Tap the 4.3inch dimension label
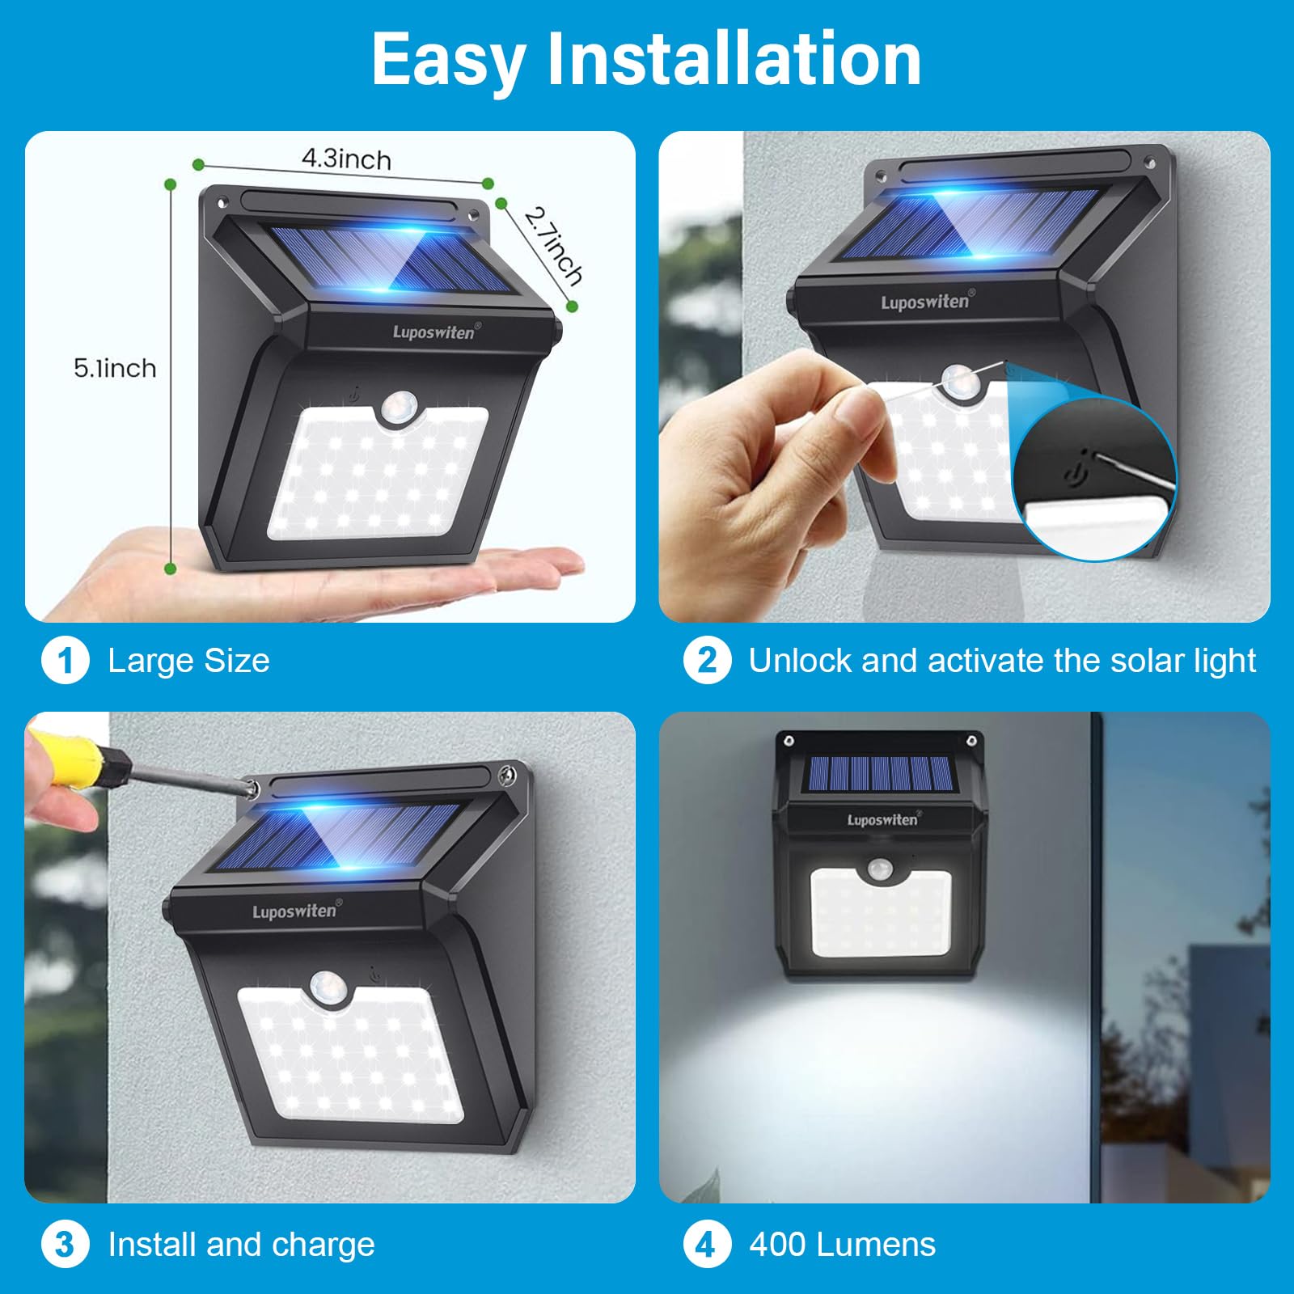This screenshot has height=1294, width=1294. (346, 159)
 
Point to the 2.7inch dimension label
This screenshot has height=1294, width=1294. (554, 246)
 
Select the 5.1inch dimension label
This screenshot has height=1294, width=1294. (115, 369)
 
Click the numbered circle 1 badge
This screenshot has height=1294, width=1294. (65, 661)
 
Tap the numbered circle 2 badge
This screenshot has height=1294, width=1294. (707, 661)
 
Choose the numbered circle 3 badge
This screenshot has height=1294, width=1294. (65, 1244)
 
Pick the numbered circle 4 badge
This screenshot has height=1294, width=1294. (707, 1244)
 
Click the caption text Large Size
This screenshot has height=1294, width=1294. (188, 661)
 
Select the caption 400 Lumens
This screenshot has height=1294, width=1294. (842, 1244)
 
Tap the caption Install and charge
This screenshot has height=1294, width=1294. (241, 1244)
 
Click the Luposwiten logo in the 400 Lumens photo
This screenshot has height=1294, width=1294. (882, 819)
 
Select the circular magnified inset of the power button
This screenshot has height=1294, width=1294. (1095, 479)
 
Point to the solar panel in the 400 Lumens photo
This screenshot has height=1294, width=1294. (880, 774)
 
